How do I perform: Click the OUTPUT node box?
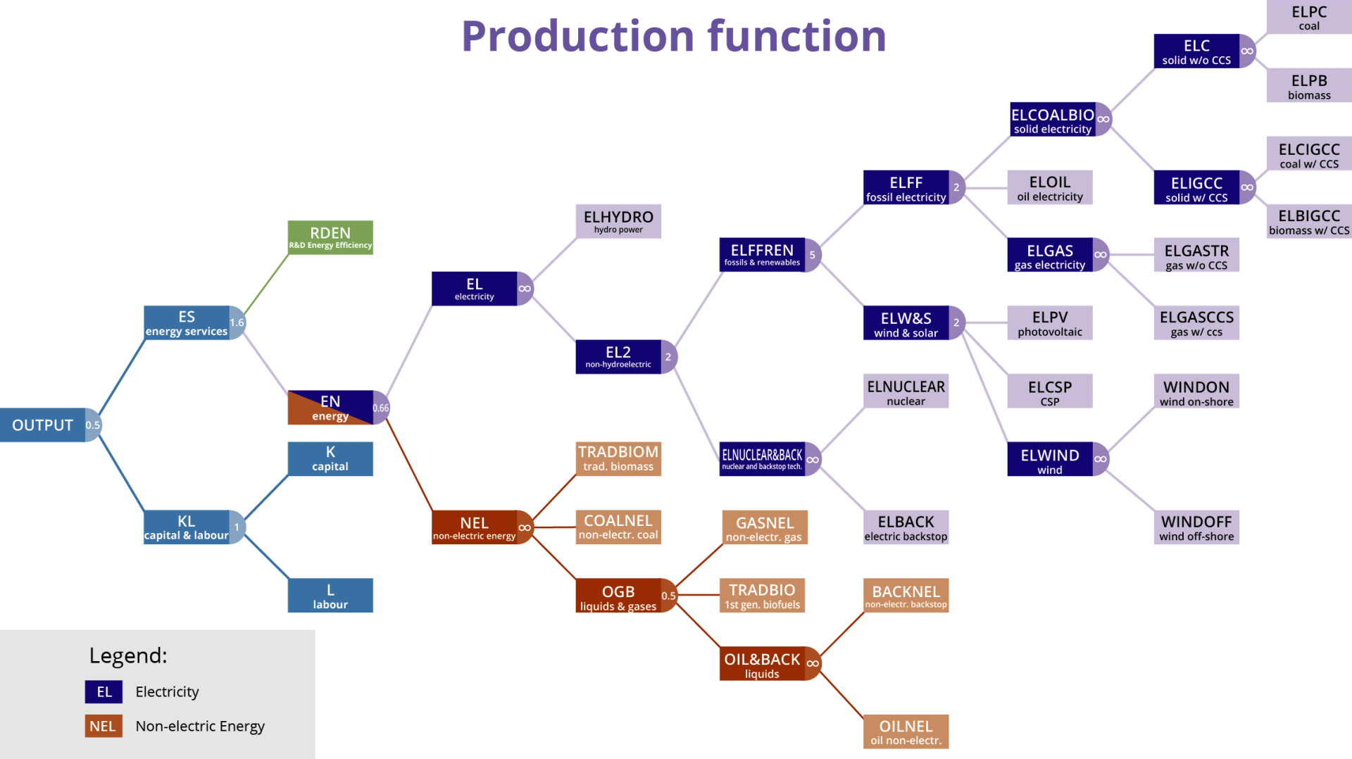[42, 425]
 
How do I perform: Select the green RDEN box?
[330, 238]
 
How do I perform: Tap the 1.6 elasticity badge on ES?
[237, 322]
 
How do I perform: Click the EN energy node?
[330, 408]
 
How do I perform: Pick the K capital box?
[330, 459]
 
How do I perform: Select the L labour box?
[330, 596]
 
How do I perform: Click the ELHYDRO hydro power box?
[618, 221]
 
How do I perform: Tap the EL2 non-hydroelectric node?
[618, 357]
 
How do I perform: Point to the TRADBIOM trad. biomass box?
[618, 458]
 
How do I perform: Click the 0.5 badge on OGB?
[668, 596]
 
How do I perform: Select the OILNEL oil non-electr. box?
[906, 732]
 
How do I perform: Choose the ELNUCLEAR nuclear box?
[906, 391]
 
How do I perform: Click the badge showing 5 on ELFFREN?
[813, 255]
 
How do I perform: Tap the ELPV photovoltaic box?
[1050, 323]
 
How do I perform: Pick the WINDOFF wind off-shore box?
[1196, 527]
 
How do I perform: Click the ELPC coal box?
[1309, 18]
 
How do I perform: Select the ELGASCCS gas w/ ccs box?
[1196, 323]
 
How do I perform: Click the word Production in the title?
[577, 37]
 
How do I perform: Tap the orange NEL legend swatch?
[104, 726]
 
